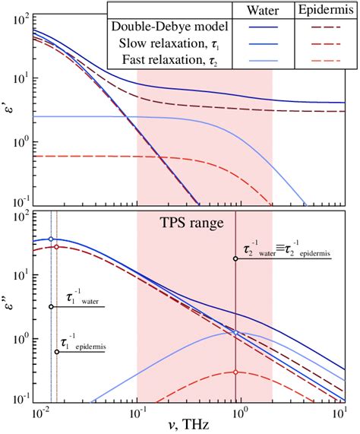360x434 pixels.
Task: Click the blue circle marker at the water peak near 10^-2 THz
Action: coord(51,239)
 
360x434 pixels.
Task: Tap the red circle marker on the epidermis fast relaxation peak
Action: coord(236,372)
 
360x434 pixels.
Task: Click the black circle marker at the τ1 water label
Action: coord(51,307)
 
